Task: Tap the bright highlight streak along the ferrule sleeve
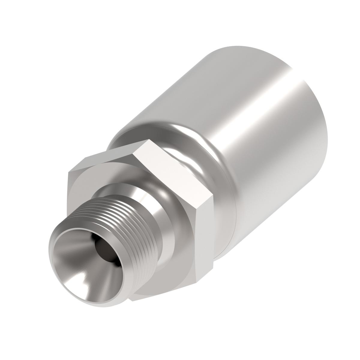point(258,120)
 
